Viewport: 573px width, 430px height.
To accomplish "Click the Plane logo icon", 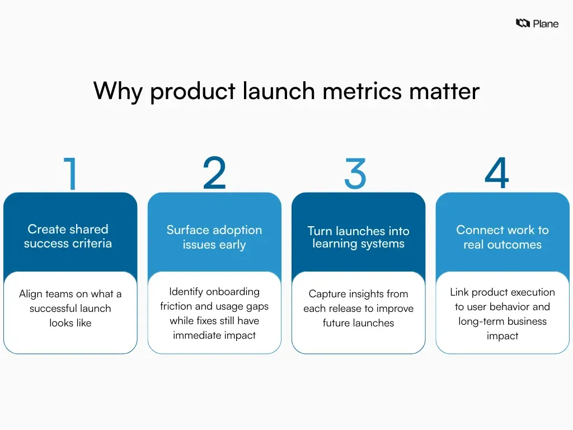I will (523, 24).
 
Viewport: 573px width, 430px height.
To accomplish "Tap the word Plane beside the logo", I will (546, 24).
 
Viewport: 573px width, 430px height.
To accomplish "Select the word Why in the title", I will (118, 92).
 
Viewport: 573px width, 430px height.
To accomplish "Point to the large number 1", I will (71, 174).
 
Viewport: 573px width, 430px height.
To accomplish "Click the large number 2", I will (214, 174).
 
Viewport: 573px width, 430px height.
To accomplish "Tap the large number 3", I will (355, 174).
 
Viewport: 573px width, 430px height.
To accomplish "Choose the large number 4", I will (497, 174).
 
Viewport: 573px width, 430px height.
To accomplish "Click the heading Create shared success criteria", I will (68, 236).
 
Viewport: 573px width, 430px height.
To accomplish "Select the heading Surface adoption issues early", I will (214, 237).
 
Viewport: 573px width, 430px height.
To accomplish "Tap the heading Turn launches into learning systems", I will (358, 237).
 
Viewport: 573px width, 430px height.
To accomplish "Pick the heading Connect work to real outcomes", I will (502, 237).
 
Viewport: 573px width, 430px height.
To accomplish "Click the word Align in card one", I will (31, 294).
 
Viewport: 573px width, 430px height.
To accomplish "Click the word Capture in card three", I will (327, 294).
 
